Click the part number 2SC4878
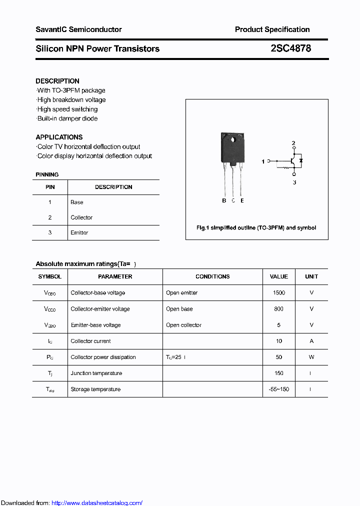[290, 48]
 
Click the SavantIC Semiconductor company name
[78, 29]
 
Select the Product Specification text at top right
[272, 29]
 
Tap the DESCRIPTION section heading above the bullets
[57, 81]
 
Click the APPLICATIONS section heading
[59, 137]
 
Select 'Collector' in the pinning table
[81, 217]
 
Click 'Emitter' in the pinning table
[79, 232]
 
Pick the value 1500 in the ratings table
[279, 293]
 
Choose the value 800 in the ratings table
[279, 309]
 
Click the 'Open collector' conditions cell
[184, 325]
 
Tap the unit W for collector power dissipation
[311, 357]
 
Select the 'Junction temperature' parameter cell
[96, 373]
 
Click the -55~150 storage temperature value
[279, 389]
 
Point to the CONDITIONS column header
[212, 276]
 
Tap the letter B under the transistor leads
[224, 200]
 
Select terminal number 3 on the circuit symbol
[294, 182]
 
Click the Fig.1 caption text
[256, 227]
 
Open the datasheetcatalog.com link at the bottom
[97, 503]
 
